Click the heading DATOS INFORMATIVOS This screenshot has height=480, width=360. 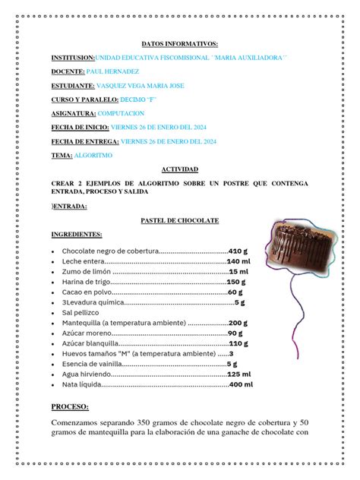click(179, 44)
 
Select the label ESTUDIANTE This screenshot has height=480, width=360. click(72, 86)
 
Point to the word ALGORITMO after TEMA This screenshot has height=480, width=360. click(93, 155)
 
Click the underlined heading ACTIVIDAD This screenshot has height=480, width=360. click(179, 169)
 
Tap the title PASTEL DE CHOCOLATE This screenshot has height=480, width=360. click(179, 220)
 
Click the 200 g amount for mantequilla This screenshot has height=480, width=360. click(238, 323)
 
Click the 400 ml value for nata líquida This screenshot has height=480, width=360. click(241, 385)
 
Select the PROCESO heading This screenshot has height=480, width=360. click(70, 407)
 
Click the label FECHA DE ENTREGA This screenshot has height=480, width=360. click(85, 141)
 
